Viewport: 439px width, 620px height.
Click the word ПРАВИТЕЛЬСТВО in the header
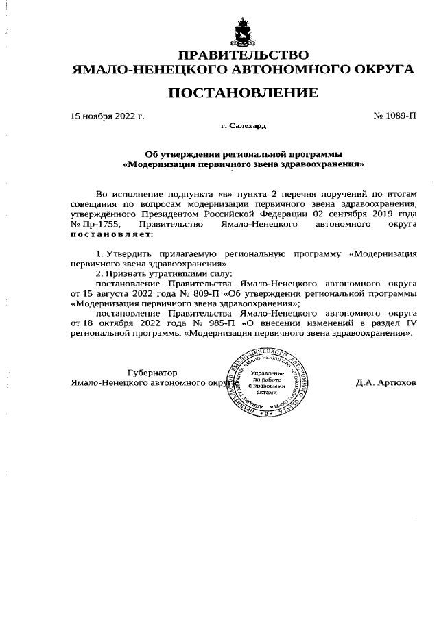click(x=243, y=55)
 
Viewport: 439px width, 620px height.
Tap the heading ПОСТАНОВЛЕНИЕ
click(x=243, y=92)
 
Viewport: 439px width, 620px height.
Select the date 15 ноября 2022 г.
click(x=108, y=116)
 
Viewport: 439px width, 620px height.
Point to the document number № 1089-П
click(x=394, y=116)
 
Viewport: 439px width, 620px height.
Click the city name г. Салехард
click(x=243, y=127)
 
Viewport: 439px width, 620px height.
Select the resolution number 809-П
click(x=204, y=293)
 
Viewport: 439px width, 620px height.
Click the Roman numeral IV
click(x=410, y=323)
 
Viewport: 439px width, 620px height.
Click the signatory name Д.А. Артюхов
click(x=385, y=382)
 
